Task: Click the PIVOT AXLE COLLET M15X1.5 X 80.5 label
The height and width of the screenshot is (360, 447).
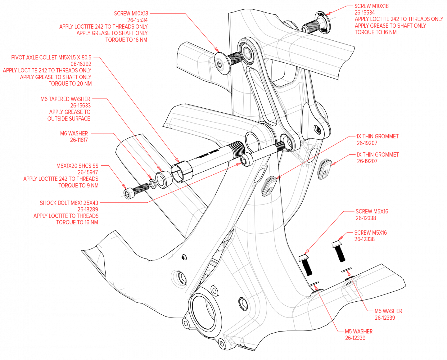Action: point(51,57)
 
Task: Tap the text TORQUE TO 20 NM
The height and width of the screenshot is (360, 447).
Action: point(70,83)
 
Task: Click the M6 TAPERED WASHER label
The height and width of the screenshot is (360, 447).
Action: point(65,99)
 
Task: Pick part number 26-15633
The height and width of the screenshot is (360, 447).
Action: point(80,106)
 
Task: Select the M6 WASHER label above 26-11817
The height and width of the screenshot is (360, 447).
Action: point(74,133)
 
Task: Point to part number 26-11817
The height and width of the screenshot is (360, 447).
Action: point(79,140)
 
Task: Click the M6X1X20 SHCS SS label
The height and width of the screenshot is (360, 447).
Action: point(77,166)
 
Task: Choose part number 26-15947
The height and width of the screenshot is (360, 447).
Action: point(88,172)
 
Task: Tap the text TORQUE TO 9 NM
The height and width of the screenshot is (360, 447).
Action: point(79,186)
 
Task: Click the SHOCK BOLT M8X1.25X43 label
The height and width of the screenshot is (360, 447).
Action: point(69,203)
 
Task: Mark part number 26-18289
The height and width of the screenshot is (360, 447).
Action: point(88,209)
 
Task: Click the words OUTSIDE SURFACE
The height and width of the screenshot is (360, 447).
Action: point(69,119)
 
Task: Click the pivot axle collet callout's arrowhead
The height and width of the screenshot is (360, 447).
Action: point(178,161)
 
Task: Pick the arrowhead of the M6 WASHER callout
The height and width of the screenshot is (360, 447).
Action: point(151,178)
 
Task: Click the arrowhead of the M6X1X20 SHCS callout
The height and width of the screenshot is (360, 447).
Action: point(126,187)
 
